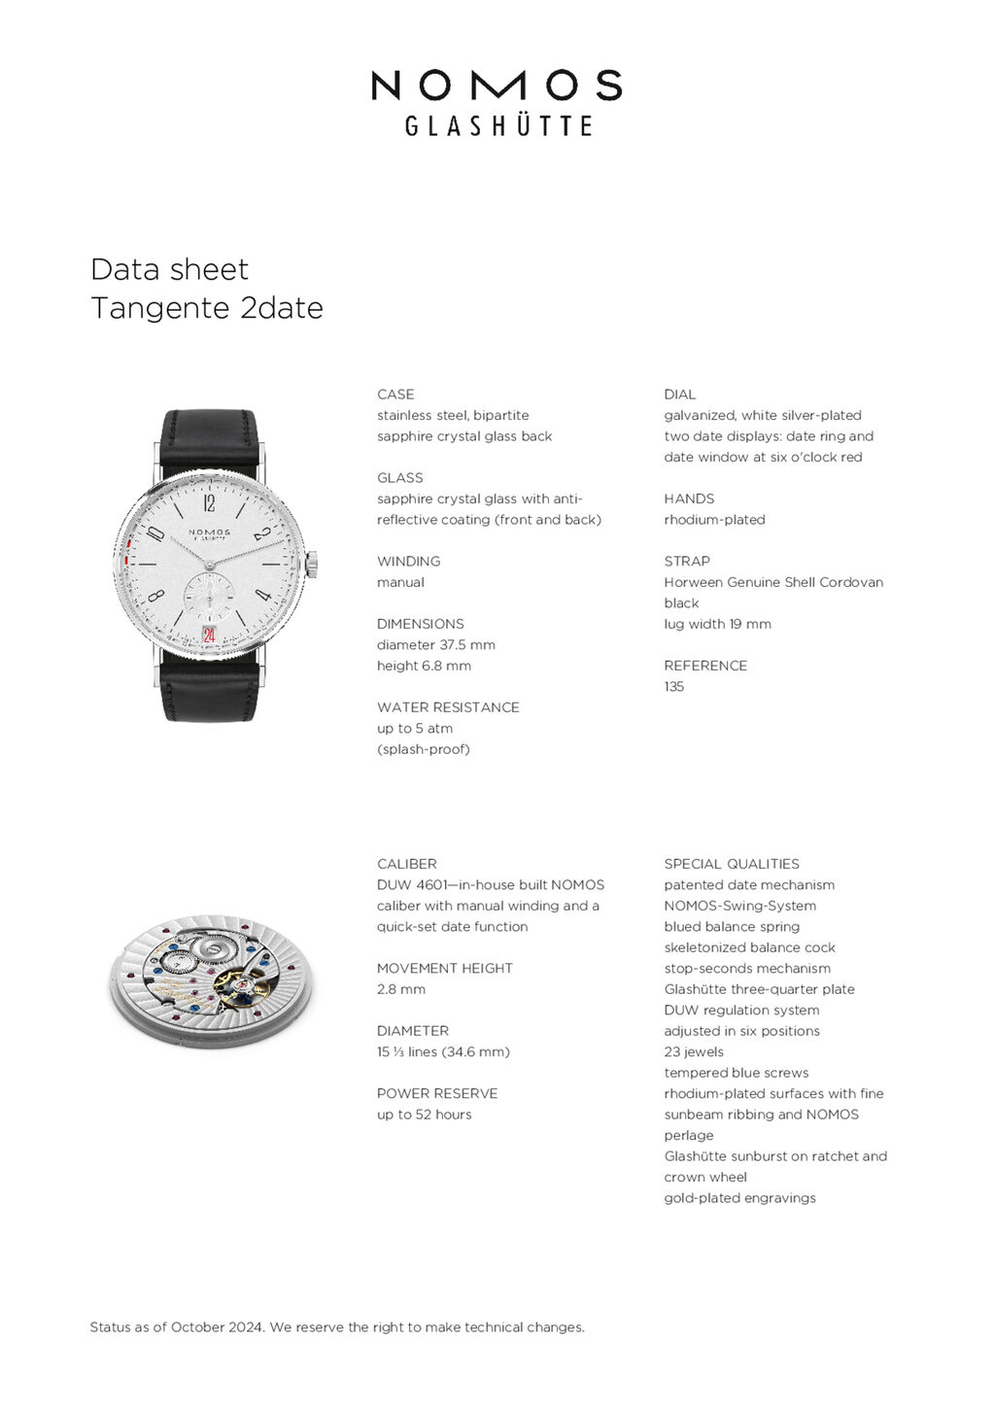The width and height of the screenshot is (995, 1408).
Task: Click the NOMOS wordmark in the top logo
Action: tap(497, 86)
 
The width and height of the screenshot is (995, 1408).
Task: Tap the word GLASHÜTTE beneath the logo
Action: tap(497, 125)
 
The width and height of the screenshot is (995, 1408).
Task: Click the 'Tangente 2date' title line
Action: tap(206, 308)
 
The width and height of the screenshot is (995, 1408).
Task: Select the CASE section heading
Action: tap(395, 395)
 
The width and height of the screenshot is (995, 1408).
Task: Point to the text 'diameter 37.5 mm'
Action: tap(436, 645)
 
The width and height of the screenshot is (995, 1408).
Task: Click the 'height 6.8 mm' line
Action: tap(424, 666)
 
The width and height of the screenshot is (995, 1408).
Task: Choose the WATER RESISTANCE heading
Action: tap(448, 707)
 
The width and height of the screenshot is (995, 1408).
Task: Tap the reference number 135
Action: tap(674, 687)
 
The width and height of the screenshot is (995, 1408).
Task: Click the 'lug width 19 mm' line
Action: tap(717, 624)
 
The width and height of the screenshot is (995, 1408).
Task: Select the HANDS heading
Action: tap(689, 498)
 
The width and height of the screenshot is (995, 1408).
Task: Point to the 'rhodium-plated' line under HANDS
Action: tap(714, 520)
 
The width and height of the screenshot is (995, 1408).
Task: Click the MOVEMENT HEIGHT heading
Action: tap(444, 969)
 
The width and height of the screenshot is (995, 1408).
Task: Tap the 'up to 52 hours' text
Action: tap(424, 1115)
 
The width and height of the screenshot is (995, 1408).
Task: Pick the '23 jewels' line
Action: tap(694, 1052)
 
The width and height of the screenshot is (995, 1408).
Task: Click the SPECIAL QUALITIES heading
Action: tap(732, 864)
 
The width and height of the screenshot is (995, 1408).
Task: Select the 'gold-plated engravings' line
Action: tap(739, 1198)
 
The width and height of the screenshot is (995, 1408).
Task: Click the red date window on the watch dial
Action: tap(209, 635)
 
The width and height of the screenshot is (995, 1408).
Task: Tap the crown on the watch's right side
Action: tap(312, 565)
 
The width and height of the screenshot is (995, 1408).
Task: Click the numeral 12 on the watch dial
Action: tap(209, 503)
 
